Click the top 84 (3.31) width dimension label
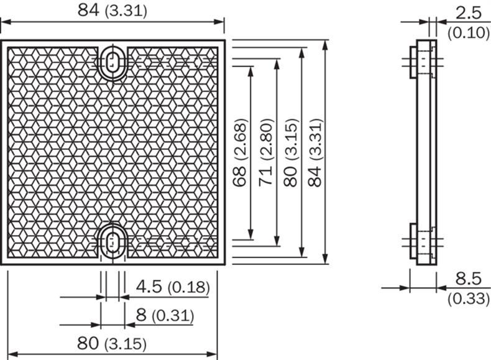[x=112, y=10]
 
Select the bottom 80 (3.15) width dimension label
[x=112, y=343]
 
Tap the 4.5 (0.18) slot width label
[x=172, y=287]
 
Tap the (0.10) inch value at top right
[x=467, y=32]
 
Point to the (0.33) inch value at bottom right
[x=467, y=299]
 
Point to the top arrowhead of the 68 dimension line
[x=250, y=70]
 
